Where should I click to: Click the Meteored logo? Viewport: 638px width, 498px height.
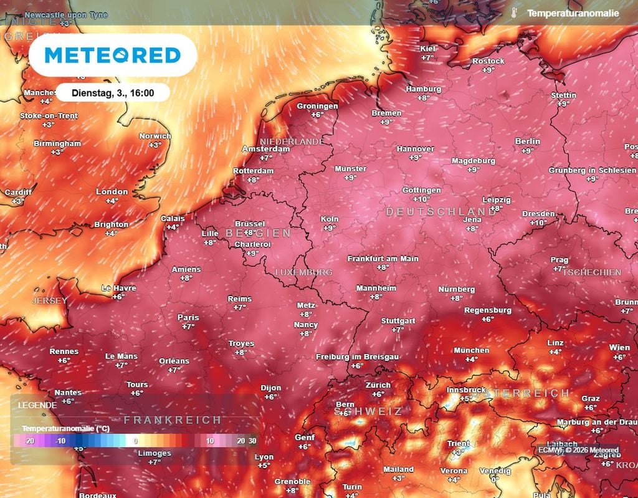point(113,55)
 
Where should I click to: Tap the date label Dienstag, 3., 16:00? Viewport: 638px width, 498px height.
point(113,93)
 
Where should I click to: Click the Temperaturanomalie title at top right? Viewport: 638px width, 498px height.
point(573,13)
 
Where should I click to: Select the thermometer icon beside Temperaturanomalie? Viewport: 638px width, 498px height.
point(513,13)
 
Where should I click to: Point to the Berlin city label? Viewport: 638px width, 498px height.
point(527,141)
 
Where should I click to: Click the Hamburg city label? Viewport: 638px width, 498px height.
point(423,89)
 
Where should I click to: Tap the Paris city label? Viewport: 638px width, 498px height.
point(188,317)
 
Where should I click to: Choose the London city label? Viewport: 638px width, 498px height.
point(112,192)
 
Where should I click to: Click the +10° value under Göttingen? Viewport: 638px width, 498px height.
point(422,199)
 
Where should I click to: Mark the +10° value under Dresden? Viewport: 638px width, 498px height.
point(538,223)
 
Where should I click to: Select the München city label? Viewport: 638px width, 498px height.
point(471,350)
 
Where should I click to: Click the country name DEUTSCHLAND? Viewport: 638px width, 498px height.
point(441,212)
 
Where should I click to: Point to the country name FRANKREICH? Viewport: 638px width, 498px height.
point(173,420)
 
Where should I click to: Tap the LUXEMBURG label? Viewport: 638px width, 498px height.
point(303,273)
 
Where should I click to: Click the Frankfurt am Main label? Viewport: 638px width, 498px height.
point(383,258)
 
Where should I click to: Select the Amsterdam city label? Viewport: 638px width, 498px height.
point(265,149)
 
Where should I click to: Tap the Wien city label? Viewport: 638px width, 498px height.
point(619,348)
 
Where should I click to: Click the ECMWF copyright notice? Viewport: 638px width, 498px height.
point(579,449)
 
